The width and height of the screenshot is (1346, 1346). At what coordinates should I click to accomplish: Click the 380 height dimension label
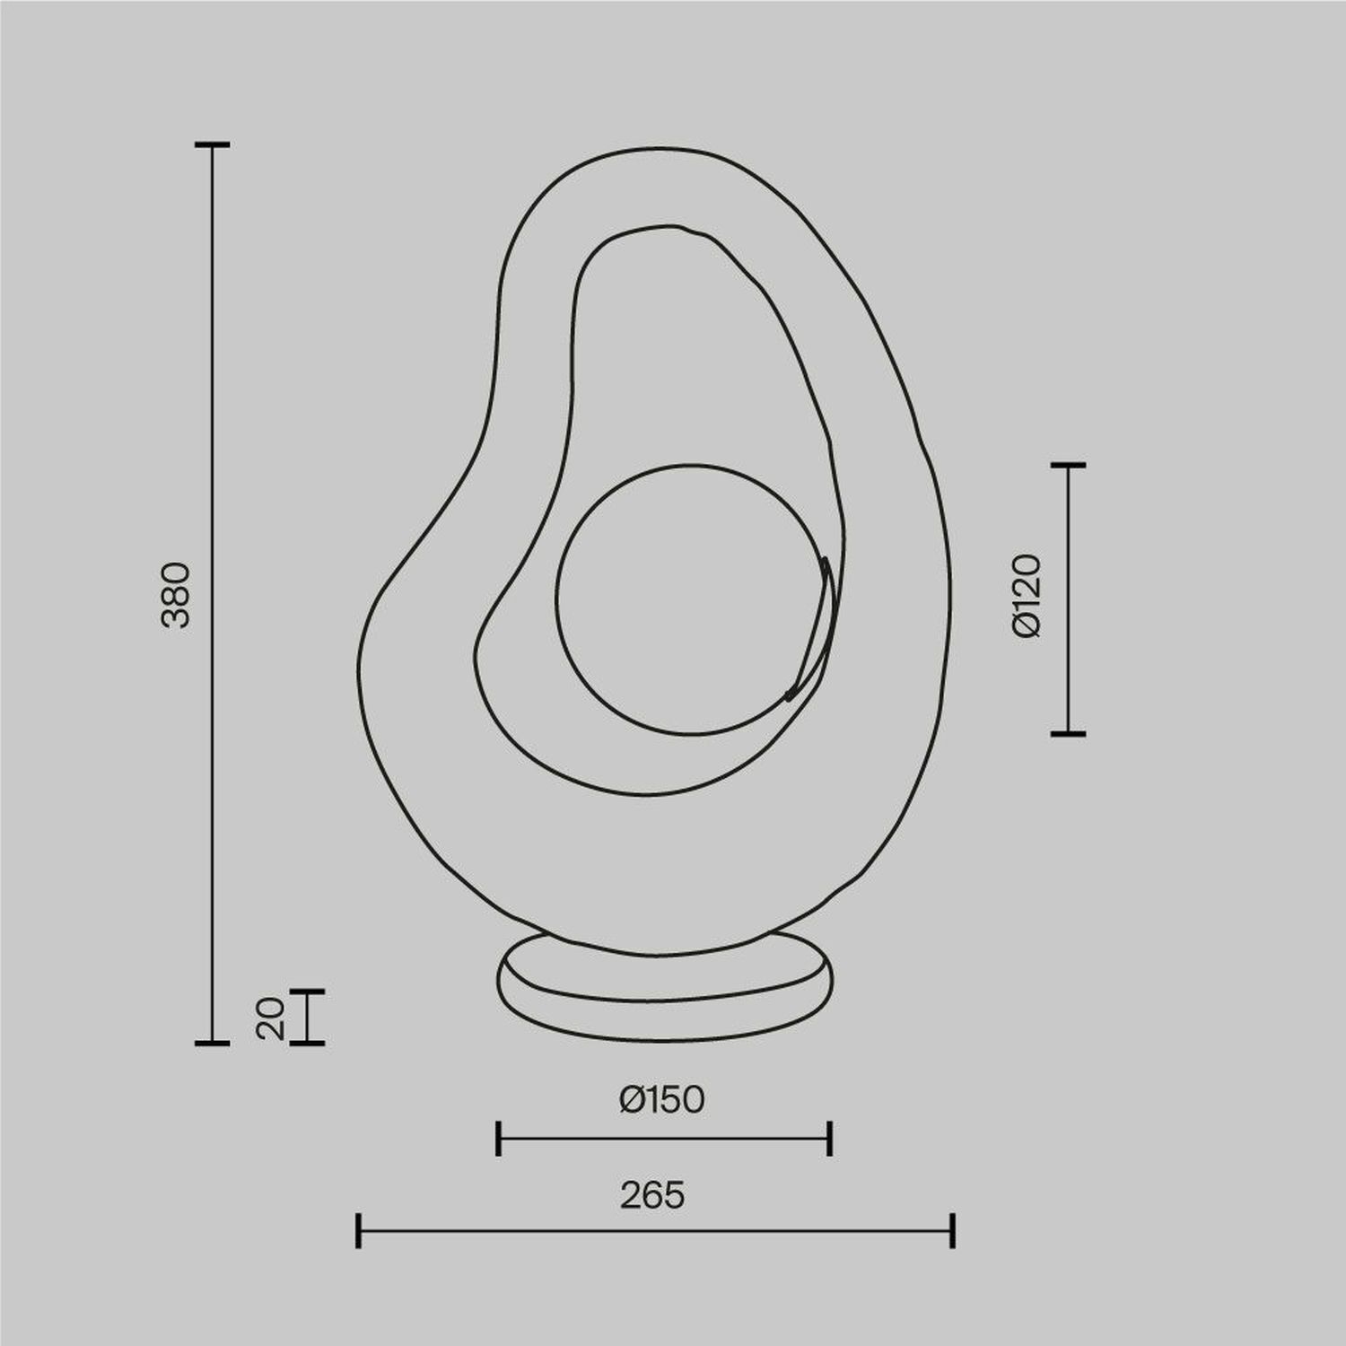coord(176,594)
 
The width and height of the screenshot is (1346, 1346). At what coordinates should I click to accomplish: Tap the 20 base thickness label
coord(270,1018)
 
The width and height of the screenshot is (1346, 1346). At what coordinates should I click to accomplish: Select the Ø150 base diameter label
coord(662,1099)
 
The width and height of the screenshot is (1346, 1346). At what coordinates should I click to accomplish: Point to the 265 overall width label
coord(652,1195)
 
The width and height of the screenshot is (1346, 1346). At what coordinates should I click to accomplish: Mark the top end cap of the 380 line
coord(213,144)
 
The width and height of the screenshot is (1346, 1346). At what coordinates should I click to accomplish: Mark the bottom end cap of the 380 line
coord(213,1043)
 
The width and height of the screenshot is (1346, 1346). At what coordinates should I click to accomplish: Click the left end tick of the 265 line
coord(359,1230)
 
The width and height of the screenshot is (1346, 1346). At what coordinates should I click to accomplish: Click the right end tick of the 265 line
coord(952,1230)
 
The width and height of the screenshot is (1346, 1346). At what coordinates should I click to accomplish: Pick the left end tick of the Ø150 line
coord(499,1138)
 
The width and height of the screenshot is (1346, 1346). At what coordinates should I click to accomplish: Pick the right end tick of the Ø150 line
coord(831,1138)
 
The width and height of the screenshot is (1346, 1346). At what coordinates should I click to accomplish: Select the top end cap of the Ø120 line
coord(1068,465)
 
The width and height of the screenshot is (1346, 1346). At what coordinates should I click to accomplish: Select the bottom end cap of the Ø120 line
coord(1068,733)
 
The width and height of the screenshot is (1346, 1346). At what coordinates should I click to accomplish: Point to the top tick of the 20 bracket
coord(308,991)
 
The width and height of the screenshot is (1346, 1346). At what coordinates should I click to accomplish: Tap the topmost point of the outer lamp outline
coord(660,148)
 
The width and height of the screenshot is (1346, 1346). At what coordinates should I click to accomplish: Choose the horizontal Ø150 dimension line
coord(664,1139)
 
